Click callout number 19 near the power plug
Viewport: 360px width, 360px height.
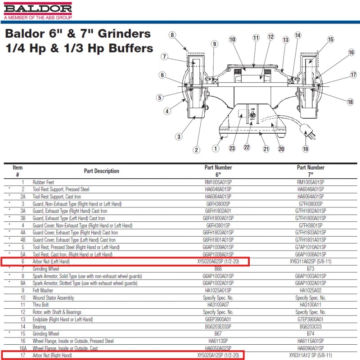tap(306, 149)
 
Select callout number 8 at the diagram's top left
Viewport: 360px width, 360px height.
tap(172, 35)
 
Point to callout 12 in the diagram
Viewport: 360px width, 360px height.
tap(270, 36)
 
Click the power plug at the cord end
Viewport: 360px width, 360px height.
tap(309, 133)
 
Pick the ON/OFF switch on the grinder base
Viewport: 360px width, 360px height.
tap(252, 116)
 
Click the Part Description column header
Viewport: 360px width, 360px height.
tap(101, 171)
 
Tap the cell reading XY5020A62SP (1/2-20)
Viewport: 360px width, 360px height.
tap(218, 261)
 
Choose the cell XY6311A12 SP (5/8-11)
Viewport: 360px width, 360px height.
tap(310, 355)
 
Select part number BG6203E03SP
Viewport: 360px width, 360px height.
tap(218, 326)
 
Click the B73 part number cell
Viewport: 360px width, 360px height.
tap(310, 268)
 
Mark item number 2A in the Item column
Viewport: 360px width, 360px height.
tap(22, 197)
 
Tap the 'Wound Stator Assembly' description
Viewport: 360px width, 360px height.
tap(53, 298)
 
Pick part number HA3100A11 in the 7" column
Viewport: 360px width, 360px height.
tap(310, 305)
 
